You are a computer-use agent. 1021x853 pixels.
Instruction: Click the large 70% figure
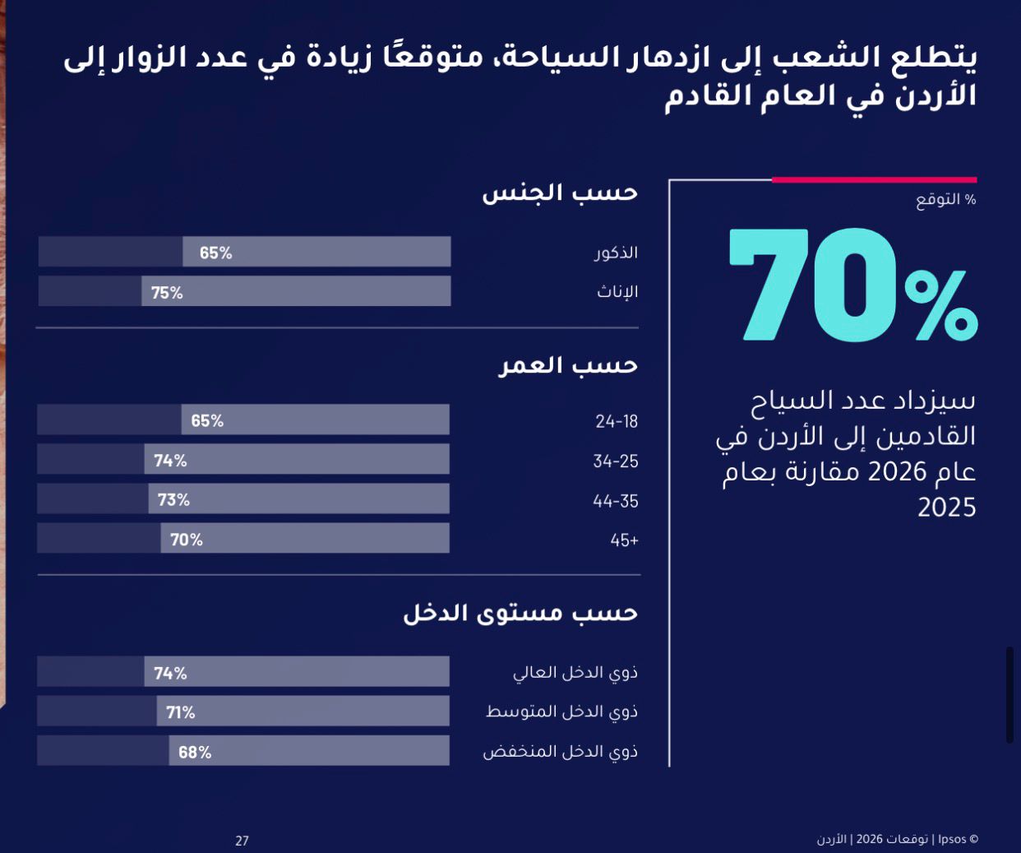tap(852, 285)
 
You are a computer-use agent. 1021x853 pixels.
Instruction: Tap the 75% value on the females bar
tap(167, 293)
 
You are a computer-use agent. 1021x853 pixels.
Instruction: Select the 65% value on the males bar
tap(215, 253)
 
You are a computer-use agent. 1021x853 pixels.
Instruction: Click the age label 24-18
tap(617, 421)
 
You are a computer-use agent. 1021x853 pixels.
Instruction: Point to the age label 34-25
tap(616, 461)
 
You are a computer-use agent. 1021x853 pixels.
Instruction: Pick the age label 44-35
tap(616, 501)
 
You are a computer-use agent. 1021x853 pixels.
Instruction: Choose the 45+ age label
tap(624, 540)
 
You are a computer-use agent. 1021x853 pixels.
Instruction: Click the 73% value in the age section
tap(173, 500)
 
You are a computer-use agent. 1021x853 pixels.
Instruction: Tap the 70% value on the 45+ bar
tap(186, 540)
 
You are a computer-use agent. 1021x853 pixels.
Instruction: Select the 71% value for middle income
tap(180, 712)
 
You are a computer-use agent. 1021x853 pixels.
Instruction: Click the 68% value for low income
tap(195, 752)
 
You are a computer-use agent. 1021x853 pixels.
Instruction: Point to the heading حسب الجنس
tap(560, 193)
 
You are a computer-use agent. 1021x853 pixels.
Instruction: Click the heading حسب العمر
tap(568, 365)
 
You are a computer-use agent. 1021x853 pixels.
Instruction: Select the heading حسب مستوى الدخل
tap(520, 614)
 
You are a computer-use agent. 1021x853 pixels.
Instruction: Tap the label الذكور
tap(617, 253)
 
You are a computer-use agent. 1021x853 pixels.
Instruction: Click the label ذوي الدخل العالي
tap(575, 672)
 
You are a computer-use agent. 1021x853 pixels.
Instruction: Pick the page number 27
tap(242, 841)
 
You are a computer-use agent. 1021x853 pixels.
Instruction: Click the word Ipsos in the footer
tap(952, 840)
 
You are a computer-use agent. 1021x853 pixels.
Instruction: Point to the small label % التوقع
tap(946, 200)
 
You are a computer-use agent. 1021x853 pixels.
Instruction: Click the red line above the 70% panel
tap(874, 179)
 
